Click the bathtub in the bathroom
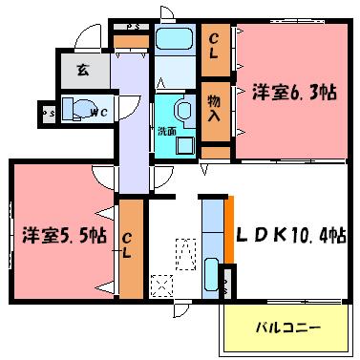pyautogui.click(x=174, y=41)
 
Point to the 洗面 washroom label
pyautogui.click(x=167, y=130)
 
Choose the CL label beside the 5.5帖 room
pyautogui.click(x=129, y=245)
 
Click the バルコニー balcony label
pyautogui.click(x=287, y=328)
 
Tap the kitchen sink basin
pyautogui.click(x=211, y=278)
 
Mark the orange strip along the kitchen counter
pyautogui.click(x=229, y=227)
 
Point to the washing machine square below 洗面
pyautogui.click(x=181, y=142)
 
